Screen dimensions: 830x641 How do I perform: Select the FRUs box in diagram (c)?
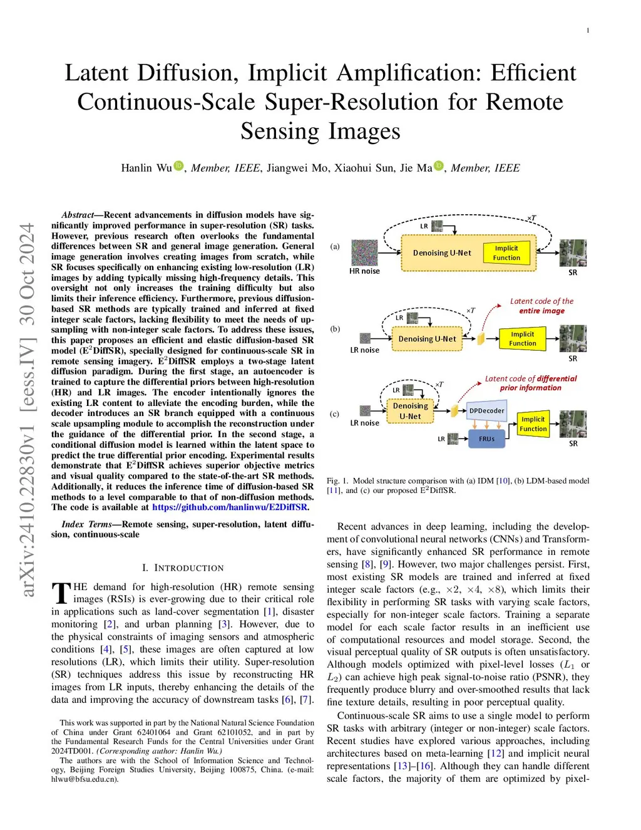coord(486,438)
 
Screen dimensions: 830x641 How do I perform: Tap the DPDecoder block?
coord(486,410)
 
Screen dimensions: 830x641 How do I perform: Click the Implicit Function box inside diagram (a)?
coord(506,252)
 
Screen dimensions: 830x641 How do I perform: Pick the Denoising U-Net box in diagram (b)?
coord(428,339)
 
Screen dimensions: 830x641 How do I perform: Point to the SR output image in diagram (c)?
coord(573,424)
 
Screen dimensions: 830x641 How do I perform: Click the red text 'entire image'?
coord(541,311)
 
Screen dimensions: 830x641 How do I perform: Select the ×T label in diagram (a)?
coord(531,218)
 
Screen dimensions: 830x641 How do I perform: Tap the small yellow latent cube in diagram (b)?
coord(481,339)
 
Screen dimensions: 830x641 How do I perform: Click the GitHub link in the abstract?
coord(230,507)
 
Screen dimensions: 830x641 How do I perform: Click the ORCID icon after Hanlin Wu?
coord(179,166)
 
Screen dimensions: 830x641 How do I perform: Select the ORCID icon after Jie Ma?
coord(439,166)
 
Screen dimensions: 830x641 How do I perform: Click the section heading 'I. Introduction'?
coord(182,568)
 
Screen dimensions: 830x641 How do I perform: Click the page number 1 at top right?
coord(588,31)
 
